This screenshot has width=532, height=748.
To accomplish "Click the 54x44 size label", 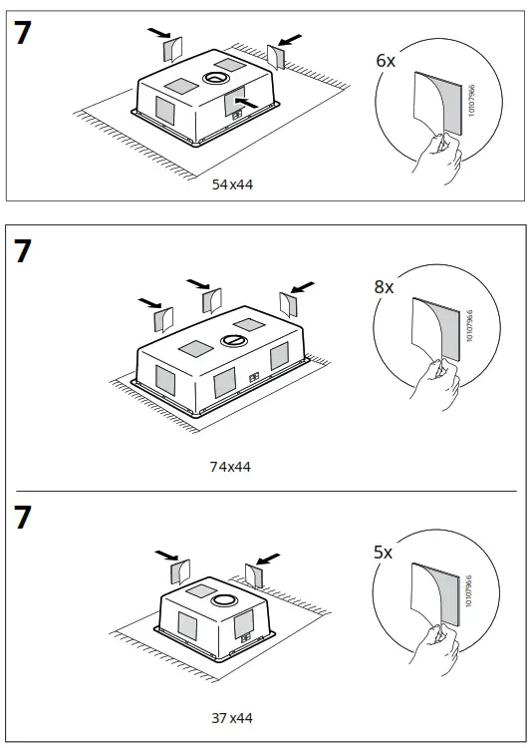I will pos(231,185).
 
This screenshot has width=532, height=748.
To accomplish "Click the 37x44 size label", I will pos(231,717).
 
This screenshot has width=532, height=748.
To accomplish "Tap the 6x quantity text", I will pos(385,61).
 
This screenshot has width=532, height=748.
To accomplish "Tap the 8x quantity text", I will pos(384,287).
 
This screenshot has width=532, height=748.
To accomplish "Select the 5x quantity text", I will pos(384,550).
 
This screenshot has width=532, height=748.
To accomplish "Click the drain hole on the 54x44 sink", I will pos(216,77).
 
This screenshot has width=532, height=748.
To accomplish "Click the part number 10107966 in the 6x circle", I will pos(471,103).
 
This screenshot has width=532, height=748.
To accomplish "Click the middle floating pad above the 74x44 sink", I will pos(211,299).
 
